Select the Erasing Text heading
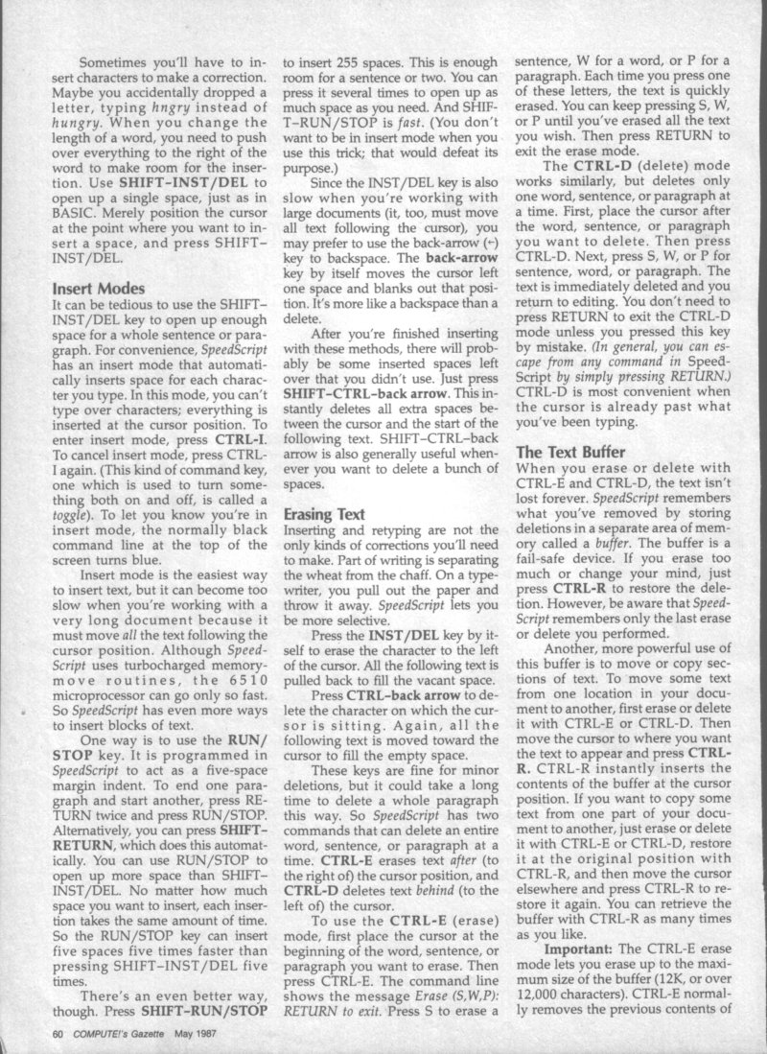point(323,514)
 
